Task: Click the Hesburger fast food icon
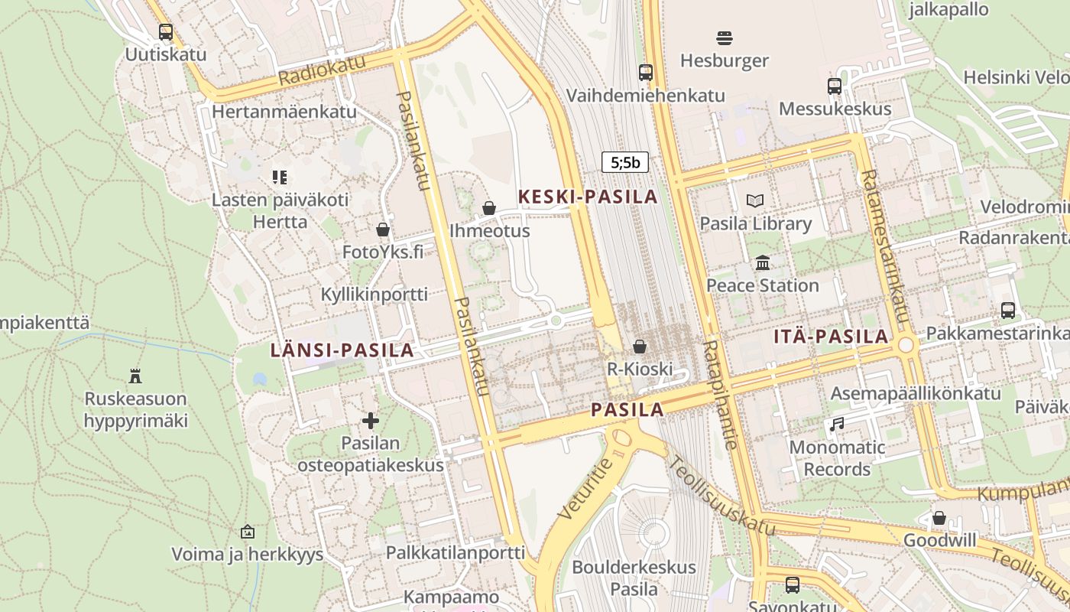point(725,37)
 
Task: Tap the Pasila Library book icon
point(755,201)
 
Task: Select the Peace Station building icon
point(763,263)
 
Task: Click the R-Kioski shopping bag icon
point(640,347)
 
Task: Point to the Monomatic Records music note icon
point(838,424)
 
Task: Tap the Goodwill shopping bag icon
point(939,518)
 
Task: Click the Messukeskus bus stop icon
point(835,86)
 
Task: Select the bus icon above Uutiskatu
point(166,32)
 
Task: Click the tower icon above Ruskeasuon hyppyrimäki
point(136,376)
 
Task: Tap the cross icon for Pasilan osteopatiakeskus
point(371,421)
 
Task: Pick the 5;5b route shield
point(625,162)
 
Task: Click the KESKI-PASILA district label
point(588,197)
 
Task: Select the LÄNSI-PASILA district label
point(342,350)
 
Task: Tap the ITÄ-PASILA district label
point(831,336)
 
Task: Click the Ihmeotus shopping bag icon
point(489,208)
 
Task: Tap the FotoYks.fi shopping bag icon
point(383,229)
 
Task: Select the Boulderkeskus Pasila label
point(634,578)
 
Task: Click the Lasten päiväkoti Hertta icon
point(280,177)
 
